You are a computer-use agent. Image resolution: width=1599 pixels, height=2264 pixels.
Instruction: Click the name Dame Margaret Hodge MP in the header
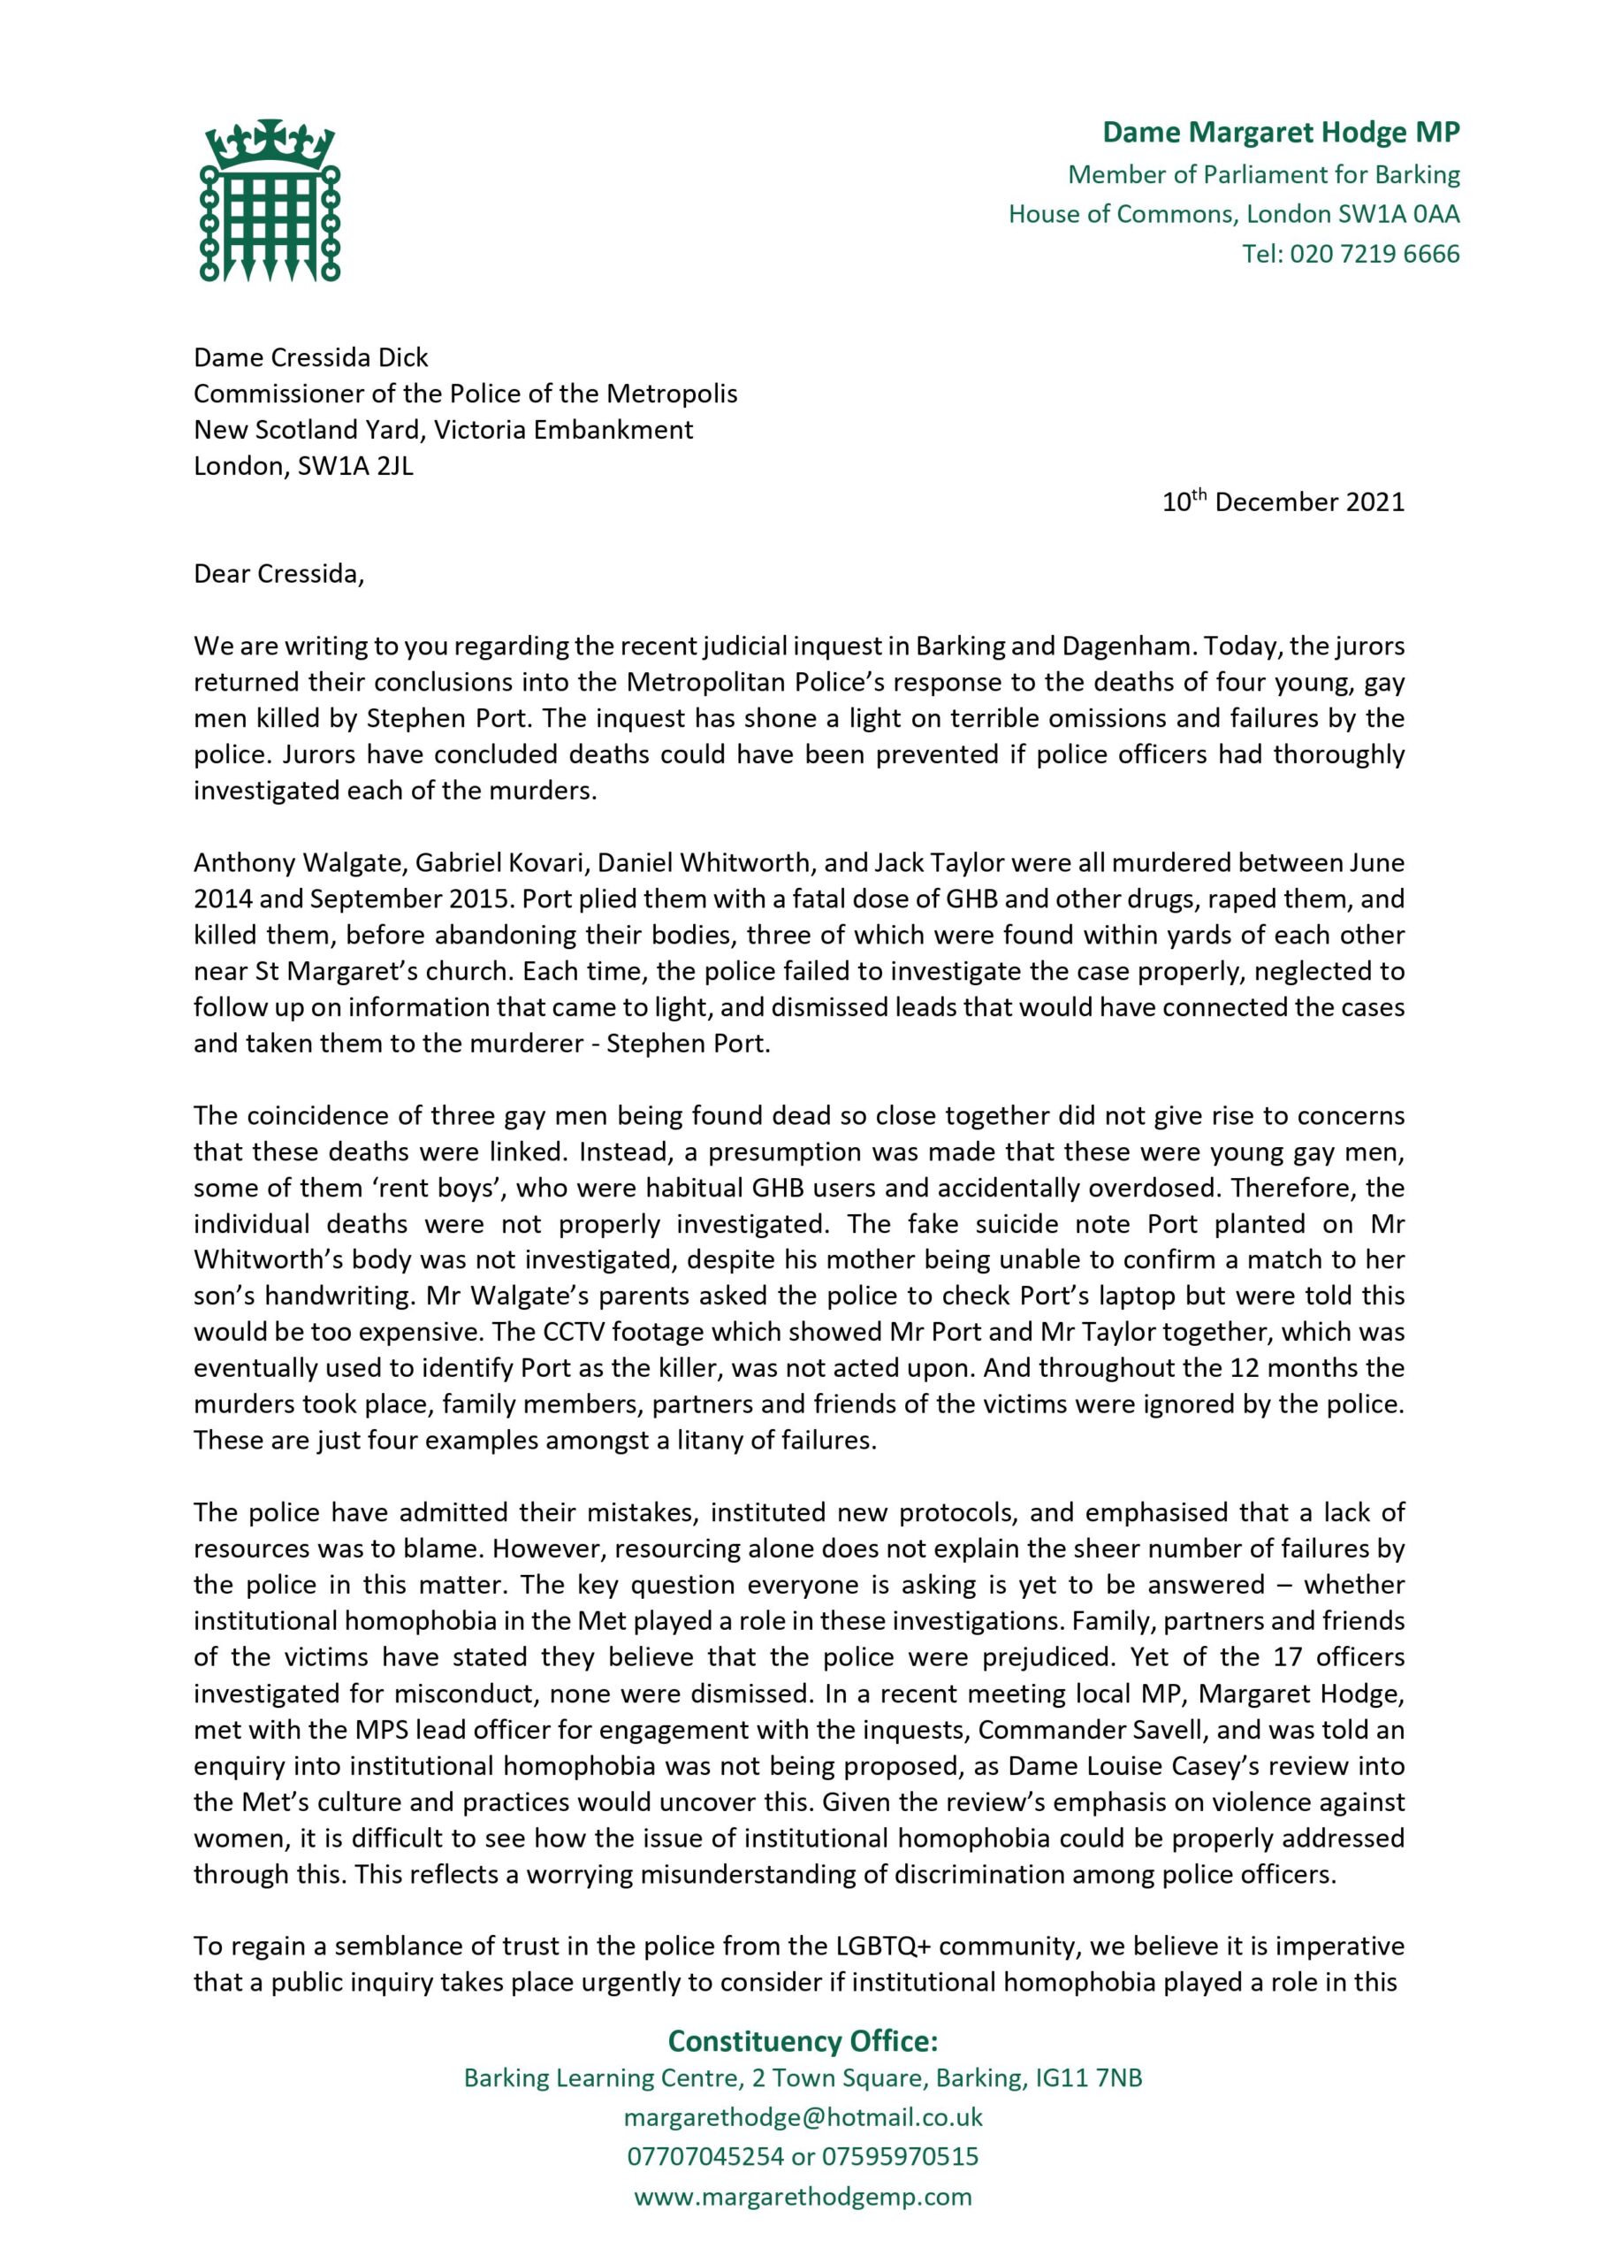click(1281, 132)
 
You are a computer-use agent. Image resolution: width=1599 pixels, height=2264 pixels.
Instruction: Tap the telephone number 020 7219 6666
click(1374, 255)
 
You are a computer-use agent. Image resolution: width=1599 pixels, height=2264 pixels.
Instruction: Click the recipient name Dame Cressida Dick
click(310, 357)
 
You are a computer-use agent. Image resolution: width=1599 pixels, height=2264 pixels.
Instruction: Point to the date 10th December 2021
click(1283, 502)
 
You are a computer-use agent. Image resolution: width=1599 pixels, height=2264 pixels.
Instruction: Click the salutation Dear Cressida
click(278, 574)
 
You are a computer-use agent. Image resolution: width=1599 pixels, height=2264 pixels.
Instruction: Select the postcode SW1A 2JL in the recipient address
click(356, 465)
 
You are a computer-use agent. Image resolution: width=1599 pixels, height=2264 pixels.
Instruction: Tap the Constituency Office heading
click(803, 2041)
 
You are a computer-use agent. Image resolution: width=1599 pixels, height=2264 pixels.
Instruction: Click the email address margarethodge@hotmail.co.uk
click(803, 2117)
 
